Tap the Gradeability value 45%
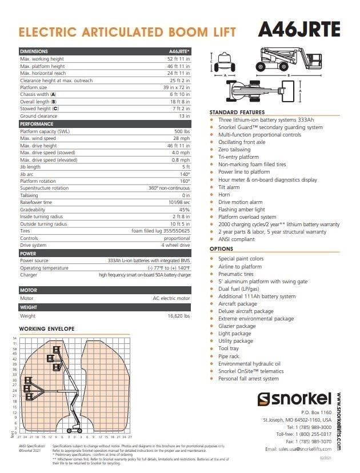[x=185, y=209]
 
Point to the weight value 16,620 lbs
[x=179, y=315]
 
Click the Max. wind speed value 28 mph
[x=181, y=138]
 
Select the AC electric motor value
[x=171, y=298]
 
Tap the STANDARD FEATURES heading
[x=237, y=112]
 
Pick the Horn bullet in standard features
[x=224, y=195]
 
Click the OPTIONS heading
[x=221, y=249]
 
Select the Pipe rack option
[x=229, y=356]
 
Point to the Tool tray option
[x=229, y=348]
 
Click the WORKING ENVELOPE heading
[x=47, y=330]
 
